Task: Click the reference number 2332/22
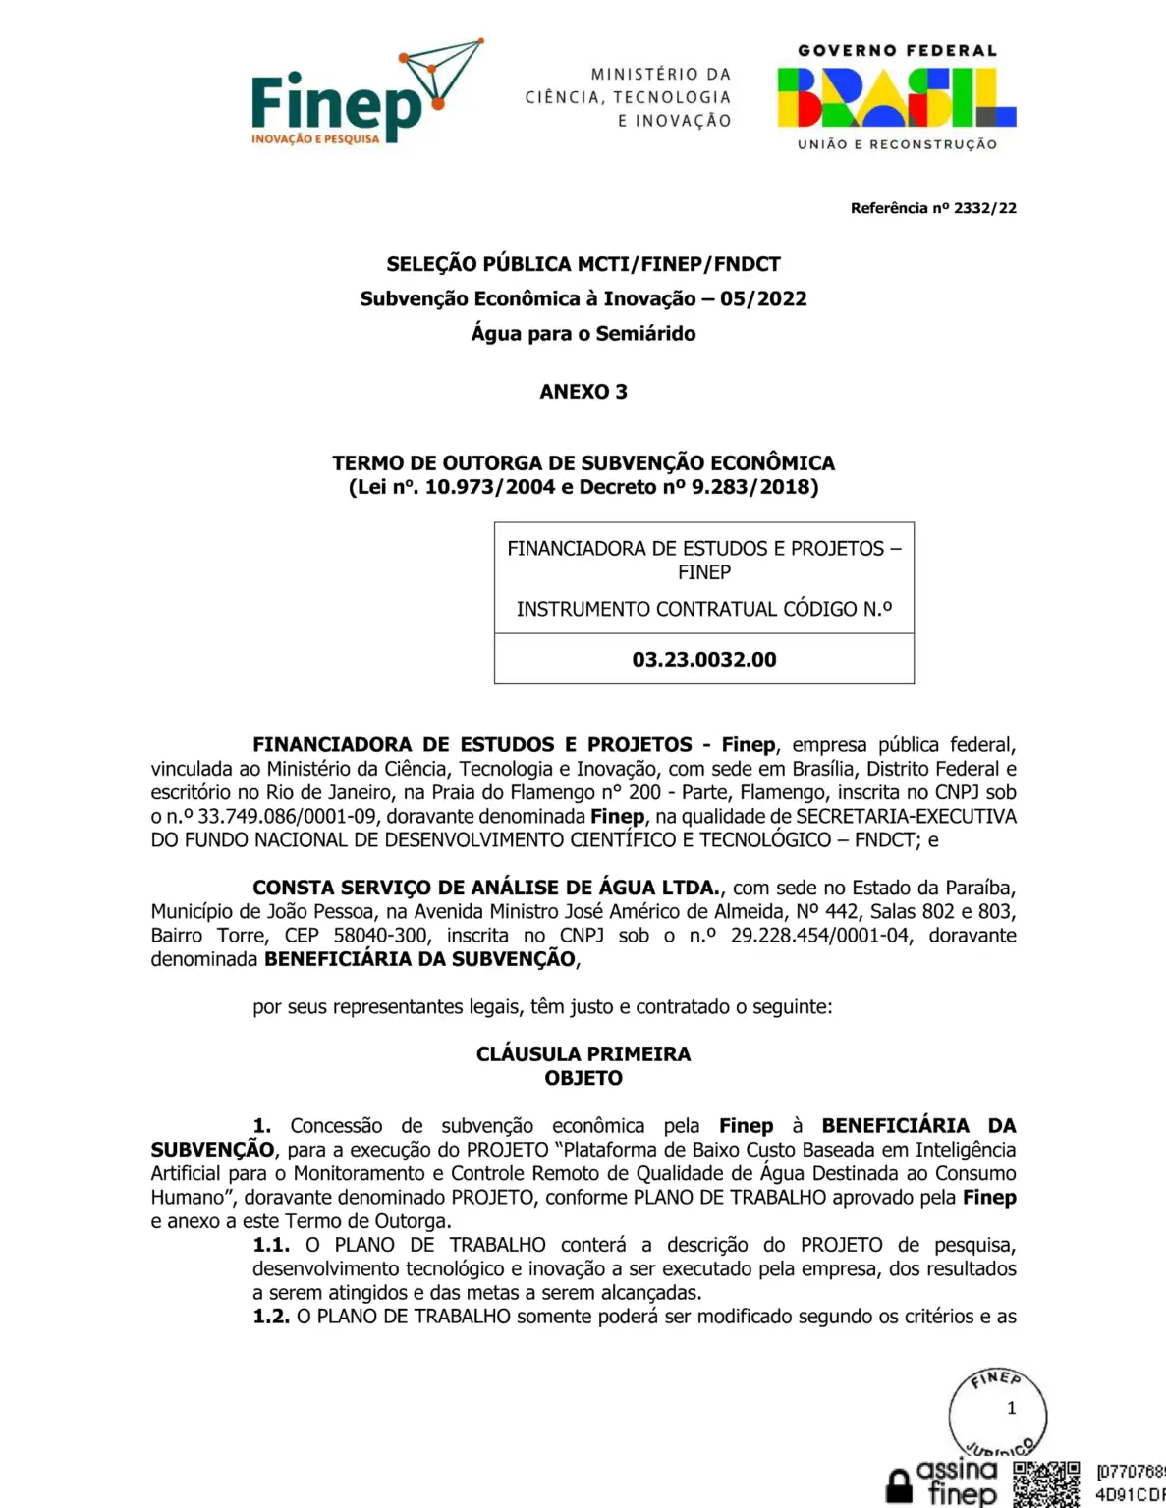[985, 208]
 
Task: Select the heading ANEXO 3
[583, 392]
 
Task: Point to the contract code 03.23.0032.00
[704, 660]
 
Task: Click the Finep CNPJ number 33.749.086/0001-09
[285, 817]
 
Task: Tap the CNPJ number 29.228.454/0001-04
[820, 936]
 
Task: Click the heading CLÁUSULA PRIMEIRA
[583, 1054]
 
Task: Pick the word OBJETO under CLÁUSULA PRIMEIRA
[583, 1078]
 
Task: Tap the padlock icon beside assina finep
[899, 1486]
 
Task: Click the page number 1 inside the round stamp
[1012, 1408]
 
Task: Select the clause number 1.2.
[271, 1317]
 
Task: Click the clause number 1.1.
[271, 1245]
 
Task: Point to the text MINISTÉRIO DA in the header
[661, 74]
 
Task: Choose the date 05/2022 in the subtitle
[763, 298]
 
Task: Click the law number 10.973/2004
[490, 487]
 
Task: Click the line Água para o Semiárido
[583, 334]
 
